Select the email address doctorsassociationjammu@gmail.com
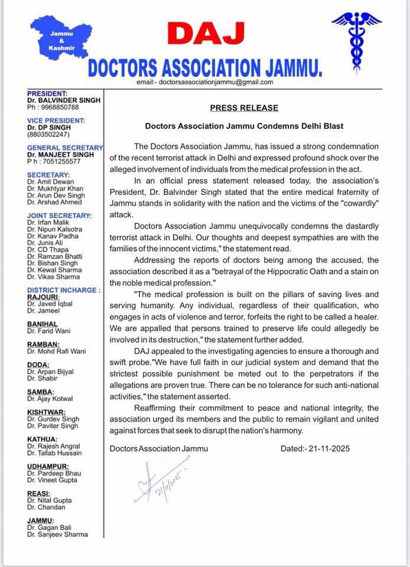(x=216, y=82)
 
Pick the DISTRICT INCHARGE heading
(x=63, y=290)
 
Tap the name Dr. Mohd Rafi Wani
(x=57, y=351)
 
